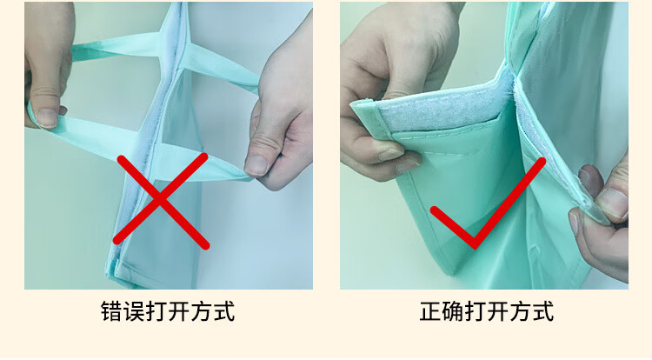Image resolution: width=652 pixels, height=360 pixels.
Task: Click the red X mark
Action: [161, 200]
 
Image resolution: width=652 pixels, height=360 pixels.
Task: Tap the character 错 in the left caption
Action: [111, 311]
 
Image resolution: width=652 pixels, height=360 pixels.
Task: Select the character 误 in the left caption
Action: [134, 311]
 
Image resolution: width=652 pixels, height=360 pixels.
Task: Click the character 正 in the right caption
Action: [430, 311]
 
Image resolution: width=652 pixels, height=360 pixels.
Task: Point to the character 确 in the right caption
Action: [453, 311]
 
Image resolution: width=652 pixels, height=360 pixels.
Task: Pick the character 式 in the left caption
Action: [224, 311]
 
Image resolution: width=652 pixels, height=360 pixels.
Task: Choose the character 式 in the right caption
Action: [543, 311]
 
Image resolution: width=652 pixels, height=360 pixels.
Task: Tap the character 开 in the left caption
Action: [179, 311]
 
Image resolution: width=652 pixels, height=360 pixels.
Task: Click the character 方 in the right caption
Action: [521, 311]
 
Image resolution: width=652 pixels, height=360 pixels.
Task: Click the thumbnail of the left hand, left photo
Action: [47, 117]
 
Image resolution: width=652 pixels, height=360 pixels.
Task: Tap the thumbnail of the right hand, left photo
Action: [256, 165]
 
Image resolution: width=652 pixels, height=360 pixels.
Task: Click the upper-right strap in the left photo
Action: [221, 66]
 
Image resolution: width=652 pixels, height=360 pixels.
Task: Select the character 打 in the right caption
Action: [476, 311]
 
